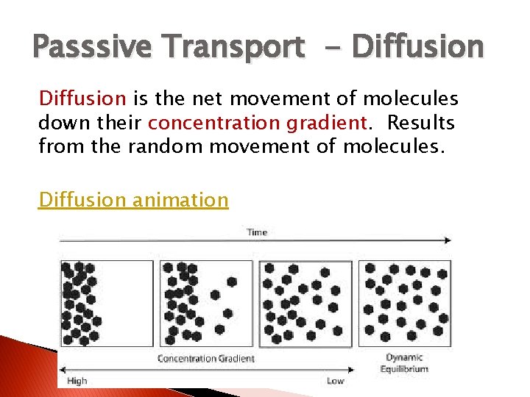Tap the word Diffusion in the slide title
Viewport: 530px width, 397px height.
coord(417,47)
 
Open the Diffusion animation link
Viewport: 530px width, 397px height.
coord(133,199)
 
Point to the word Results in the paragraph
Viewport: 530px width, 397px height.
coord(421,122)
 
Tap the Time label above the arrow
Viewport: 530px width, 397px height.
coord(257,232)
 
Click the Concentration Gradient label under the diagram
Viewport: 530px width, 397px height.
coord(206,359)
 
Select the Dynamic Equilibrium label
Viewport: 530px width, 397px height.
coord(405,363)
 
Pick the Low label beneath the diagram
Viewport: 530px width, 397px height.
coord(335,381)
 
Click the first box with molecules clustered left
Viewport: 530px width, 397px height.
coord(106,303)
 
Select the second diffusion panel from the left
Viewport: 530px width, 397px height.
coord(204,303)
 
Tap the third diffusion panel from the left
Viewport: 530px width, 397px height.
coord(305,303)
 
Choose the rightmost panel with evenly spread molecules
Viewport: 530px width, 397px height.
coord(405,303)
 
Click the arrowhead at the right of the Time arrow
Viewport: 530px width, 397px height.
coord(448,240)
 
